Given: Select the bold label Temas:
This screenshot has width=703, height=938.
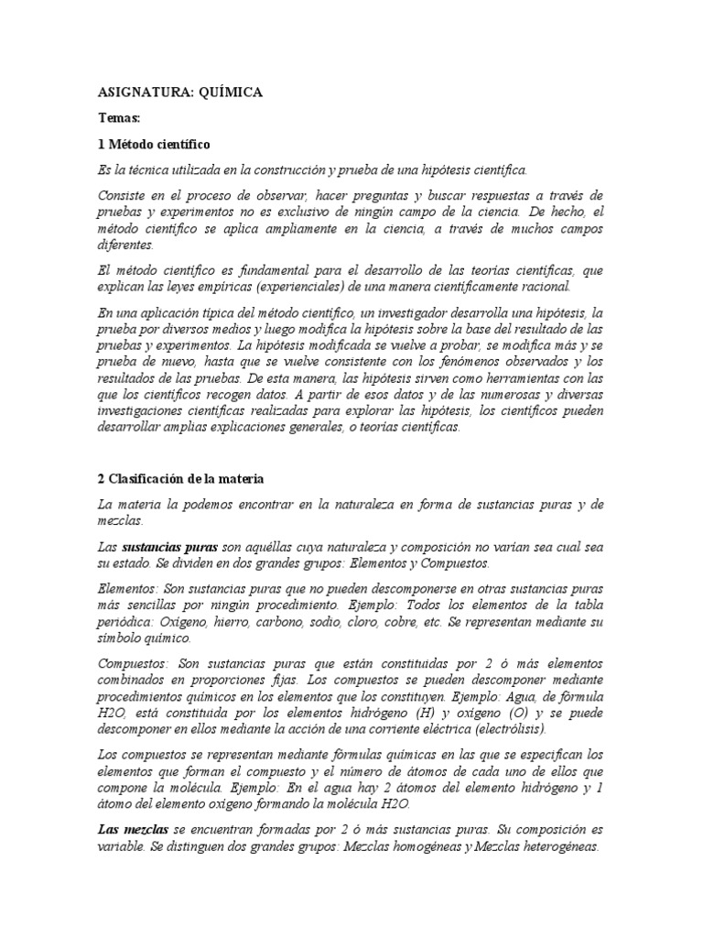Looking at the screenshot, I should coord(120,119).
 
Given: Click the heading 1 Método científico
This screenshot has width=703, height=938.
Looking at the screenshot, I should coord(154,145).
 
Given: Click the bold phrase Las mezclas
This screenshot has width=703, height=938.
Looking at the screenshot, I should coord(129,828).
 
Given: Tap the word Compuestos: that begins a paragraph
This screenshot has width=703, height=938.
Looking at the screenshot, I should coord(131,662).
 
